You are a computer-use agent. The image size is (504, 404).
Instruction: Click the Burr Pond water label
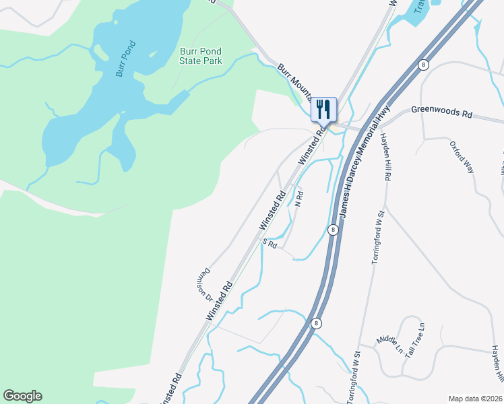(125, 59)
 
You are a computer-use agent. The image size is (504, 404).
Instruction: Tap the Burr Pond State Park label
(200, 56)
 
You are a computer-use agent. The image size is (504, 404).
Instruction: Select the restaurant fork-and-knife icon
(323, 108)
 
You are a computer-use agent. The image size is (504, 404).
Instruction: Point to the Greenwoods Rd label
(441, 112)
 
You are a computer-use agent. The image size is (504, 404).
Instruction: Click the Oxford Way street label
(462, 156)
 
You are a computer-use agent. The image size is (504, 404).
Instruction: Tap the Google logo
(22, 396)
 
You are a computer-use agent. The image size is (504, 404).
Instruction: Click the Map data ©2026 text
(474, 399)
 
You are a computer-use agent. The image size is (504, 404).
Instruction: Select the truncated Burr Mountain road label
(294, 77)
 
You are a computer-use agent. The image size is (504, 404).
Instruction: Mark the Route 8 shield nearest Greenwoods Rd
(422, 65)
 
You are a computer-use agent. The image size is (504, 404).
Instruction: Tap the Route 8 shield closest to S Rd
(333, 230)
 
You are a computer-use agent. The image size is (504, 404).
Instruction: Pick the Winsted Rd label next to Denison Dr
(219, 300)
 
